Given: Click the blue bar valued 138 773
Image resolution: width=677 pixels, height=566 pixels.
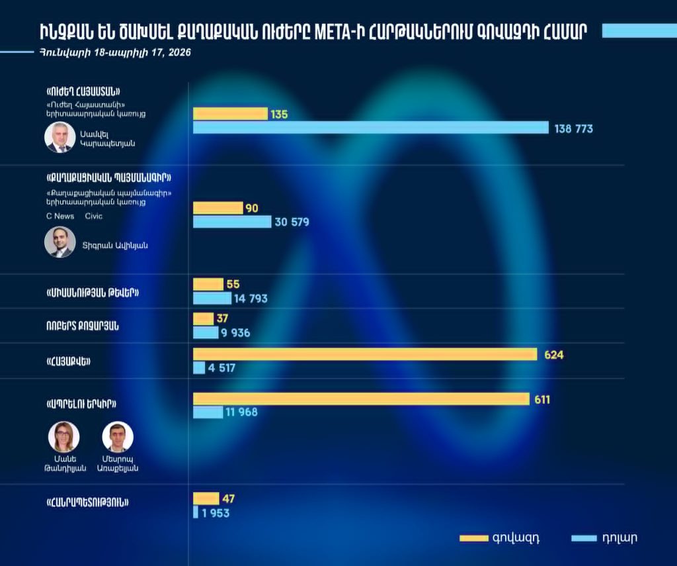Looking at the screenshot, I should [x=370, y=128].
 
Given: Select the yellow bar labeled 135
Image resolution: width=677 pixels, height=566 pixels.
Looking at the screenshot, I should [x=230, y=114].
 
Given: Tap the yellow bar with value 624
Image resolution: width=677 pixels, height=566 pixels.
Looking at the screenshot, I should [x=364, y=354].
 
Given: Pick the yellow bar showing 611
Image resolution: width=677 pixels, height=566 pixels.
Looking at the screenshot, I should [x=361, y=399].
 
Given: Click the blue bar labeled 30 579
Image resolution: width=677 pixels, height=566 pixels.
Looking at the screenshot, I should [x=232, y=222].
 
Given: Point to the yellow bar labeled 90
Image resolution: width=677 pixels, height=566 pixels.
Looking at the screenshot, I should [x=218, y=208].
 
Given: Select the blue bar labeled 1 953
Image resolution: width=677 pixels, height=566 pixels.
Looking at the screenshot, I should [x=196, y=512].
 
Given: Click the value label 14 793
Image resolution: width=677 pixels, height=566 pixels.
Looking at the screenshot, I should [x=251, y=299].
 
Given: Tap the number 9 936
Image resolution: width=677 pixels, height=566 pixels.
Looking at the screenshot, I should [x=236, y=333].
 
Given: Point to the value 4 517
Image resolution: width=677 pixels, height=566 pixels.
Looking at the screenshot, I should [x=221, y=368].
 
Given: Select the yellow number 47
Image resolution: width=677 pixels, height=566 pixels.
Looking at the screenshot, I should [x=229, y=498].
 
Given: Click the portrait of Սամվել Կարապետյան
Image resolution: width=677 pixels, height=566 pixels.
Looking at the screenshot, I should [x=60, y=137].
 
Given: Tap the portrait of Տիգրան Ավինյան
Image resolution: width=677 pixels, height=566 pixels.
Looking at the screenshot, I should [x=60, y=242].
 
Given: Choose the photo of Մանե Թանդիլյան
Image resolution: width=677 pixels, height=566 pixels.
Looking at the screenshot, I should [x=64, y=437].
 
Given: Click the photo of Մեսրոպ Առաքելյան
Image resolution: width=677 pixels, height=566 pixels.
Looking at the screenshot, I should [x=118, y=437].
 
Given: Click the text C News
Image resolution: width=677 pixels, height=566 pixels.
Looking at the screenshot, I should [x=60, y=216].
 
